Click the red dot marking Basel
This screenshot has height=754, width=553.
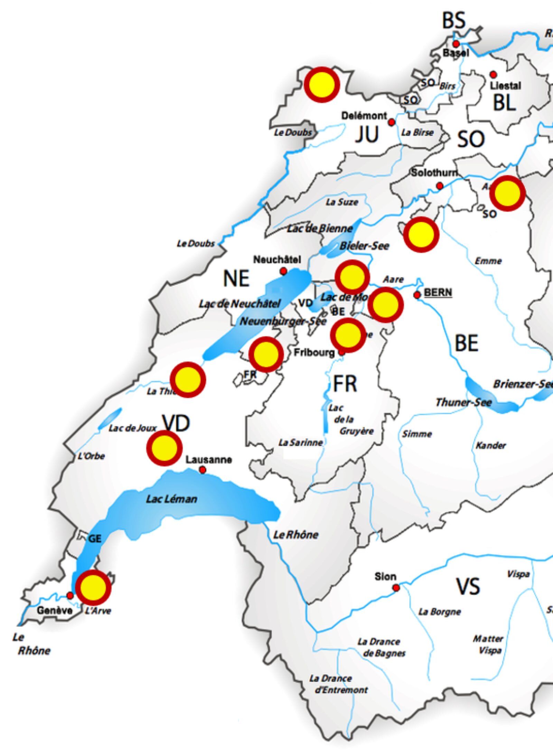456,44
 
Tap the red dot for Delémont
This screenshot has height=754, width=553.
391,122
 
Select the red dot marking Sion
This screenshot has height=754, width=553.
396,588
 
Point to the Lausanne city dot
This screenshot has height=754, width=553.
203,470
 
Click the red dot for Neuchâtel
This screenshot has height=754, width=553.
283,271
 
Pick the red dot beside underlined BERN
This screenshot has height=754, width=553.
417,295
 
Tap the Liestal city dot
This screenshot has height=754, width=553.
493,75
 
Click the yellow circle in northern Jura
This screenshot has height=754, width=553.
322,85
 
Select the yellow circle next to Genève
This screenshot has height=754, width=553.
93,588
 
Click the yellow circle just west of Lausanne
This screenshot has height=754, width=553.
165,448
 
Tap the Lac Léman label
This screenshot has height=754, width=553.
171,499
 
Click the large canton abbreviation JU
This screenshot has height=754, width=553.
367,135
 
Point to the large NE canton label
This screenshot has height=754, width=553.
236,278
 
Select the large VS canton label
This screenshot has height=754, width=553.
468,586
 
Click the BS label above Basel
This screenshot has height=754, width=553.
454,21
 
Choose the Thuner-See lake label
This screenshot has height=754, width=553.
463,402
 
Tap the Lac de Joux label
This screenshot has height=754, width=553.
132,428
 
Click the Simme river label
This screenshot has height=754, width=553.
417,434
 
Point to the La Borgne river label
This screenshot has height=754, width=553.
440,612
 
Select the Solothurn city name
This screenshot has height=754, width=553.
434,173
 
